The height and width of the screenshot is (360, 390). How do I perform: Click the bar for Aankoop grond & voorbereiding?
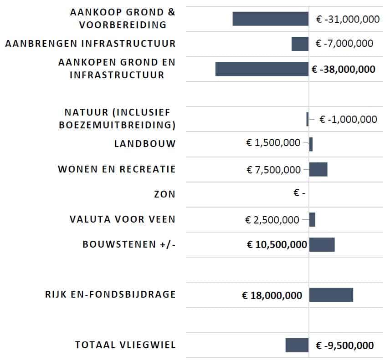(x=271, y=19)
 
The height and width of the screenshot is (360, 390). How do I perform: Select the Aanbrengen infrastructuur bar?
(x=300, y=44)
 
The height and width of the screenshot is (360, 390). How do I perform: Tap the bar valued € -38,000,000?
(x=262, y=69)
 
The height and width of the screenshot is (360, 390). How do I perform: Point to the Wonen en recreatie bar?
(x=318, y=169)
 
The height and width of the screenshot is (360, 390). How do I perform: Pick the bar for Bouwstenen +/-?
(x=322, y=244)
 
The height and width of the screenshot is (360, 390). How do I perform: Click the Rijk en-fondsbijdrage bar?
(x=331, y=295)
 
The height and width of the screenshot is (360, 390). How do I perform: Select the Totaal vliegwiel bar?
(x=297, y=345)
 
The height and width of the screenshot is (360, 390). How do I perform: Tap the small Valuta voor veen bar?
(x=312, y=220)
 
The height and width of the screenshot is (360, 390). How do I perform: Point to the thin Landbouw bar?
(x=311, y=144)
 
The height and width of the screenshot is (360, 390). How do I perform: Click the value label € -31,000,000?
(x=348, y=19)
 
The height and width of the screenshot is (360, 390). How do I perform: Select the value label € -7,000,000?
(x=344, y=44)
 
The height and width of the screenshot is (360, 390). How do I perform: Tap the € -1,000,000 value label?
(x=348, y=120)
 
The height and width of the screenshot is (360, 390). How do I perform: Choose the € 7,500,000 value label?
(x=274, y=170)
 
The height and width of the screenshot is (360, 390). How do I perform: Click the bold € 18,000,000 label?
(x=272, y=295)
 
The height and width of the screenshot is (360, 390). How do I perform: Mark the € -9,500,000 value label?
(x=345, y=345)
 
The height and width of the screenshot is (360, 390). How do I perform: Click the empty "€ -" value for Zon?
(x=299, y=193)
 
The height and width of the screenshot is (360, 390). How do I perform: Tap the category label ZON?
(x=164, y=194)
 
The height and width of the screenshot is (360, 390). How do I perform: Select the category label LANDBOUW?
(x=145, y=144)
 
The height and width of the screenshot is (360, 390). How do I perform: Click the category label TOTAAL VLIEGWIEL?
(x=125, y=345)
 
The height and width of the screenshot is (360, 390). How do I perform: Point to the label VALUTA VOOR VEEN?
(x=123, y=219)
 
